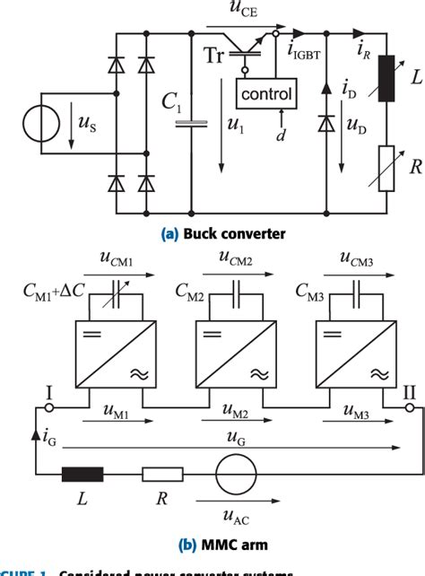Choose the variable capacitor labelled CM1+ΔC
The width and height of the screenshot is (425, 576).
(x=110, y=293)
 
